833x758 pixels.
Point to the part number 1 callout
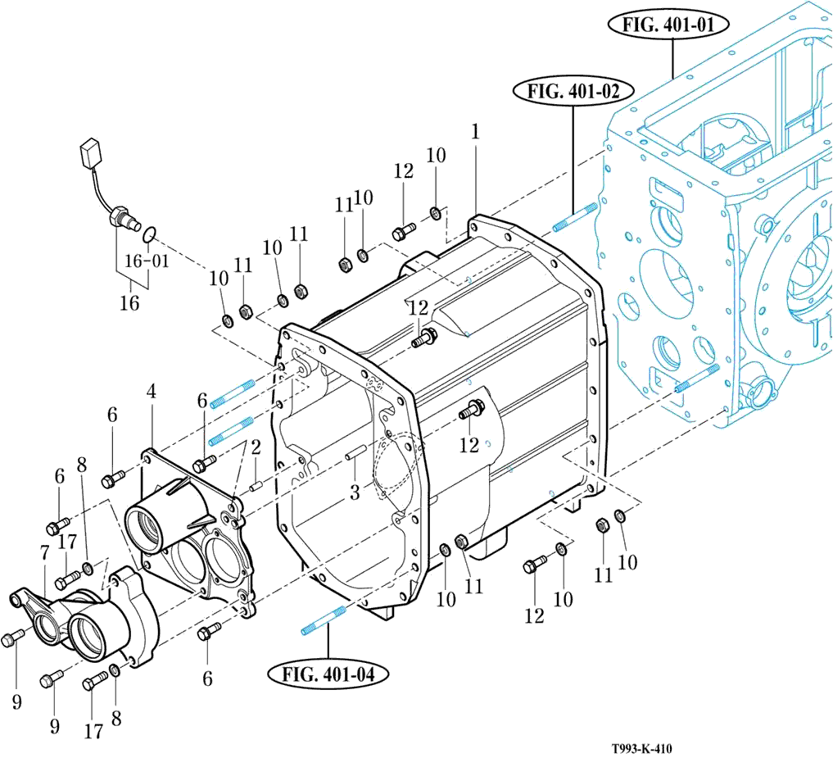tap(475, 130)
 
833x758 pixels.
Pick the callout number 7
tap(43, 553)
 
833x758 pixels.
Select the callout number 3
tap(354, 492)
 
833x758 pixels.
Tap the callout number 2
tap(256, 447)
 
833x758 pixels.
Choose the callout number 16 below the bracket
tap(129, 302)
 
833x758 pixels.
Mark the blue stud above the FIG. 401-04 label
tap(324, 618)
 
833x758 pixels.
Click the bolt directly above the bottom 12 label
tap(536, 564)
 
